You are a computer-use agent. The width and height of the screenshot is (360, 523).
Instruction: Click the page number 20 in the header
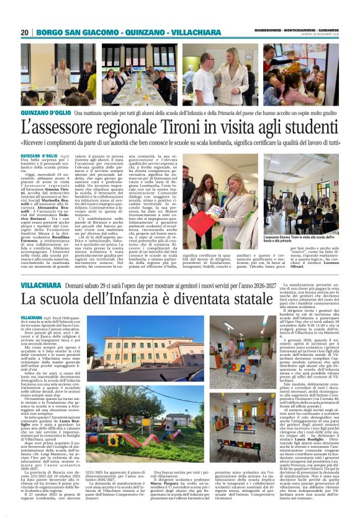pyautogui.click(x=25, y=32)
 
